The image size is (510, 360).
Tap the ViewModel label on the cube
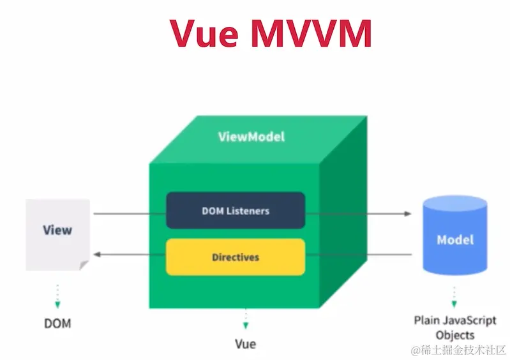coord(251,137)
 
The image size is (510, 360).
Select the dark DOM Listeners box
coord(236,210)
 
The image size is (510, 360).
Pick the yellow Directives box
coord(236,257)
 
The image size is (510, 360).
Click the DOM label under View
coord(57,324)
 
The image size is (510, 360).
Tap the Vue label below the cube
coord(245,344)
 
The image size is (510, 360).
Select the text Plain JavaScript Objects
coord(455,327)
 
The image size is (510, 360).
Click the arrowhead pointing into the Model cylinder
coord(409,213)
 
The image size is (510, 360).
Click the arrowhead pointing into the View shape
coord(96,255)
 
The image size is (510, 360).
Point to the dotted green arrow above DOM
coord(57,295)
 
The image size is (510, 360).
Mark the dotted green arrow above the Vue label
coord(245,319)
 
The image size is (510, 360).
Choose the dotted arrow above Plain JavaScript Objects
coord(455,296)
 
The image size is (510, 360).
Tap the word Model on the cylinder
coord(455,240)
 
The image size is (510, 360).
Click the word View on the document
coord(57,230)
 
